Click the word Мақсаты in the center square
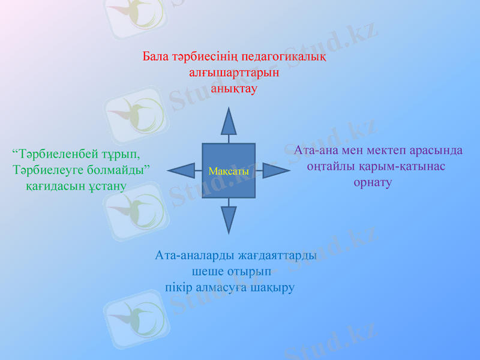coord(229,172)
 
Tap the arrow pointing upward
coord(229,123)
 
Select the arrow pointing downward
coord(229,218)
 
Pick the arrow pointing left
coord(181,170)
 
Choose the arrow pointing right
coord(275,170)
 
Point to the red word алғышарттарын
coord(234,73)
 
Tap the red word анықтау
coord(234,88)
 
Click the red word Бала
coord(155,58)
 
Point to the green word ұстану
coord(104,186)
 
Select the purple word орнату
coord(373,182)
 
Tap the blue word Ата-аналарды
coord(191,255)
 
